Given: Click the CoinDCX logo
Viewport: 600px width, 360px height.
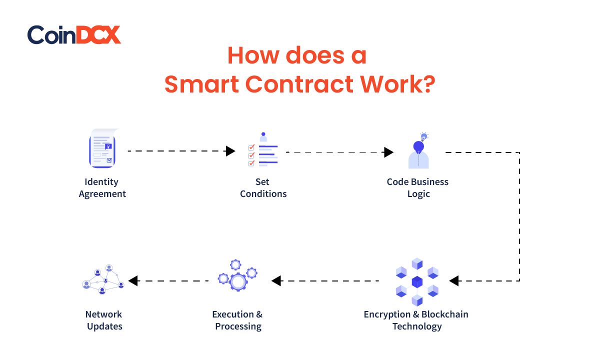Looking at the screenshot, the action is (x=74, y=35).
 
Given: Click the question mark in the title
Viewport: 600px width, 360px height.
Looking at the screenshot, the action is (x=428, y=84).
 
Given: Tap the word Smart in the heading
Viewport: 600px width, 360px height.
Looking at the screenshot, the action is (x=201, y=84).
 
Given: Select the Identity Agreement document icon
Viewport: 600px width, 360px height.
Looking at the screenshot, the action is (x=103, y=148).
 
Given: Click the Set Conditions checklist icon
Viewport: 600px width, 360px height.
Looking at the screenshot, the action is (x=263, y=149).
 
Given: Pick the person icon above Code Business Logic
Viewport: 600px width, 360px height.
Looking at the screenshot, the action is (x=418, y=154).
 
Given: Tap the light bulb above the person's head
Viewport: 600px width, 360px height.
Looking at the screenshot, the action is (x=424, y=136).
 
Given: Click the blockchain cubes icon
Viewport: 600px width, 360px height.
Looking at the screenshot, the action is (x=417, y=282).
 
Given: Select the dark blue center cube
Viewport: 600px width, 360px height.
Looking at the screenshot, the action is (x=417, y=282).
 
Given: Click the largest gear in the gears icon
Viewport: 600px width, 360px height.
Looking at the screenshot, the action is (x=238, y=281).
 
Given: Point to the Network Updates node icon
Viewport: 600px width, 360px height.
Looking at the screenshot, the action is (x=103, y=279).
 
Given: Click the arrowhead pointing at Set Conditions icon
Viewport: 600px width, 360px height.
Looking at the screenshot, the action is (x=230, y=151).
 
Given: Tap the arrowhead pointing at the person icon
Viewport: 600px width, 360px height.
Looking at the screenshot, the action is (x=388, y=152).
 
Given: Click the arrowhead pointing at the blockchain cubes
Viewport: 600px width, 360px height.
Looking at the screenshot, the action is (x=454, y=280).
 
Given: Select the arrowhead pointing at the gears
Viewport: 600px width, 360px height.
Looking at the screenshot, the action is (x=276, y=280).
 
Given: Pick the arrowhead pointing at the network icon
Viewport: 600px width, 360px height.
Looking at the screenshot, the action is (x=133, y=280).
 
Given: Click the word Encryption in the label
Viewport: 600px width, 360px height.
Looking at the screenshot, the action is (x=387, y=314).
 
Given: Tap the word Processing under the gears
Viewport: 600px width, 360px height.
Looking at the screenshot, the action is (x=238, y=326).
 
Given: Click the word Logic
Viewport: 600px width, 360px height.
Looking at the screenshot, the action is (x=418, y=194).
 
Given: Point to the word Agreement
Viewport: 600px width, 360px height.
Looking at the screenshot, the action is (x=102, y=194).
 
